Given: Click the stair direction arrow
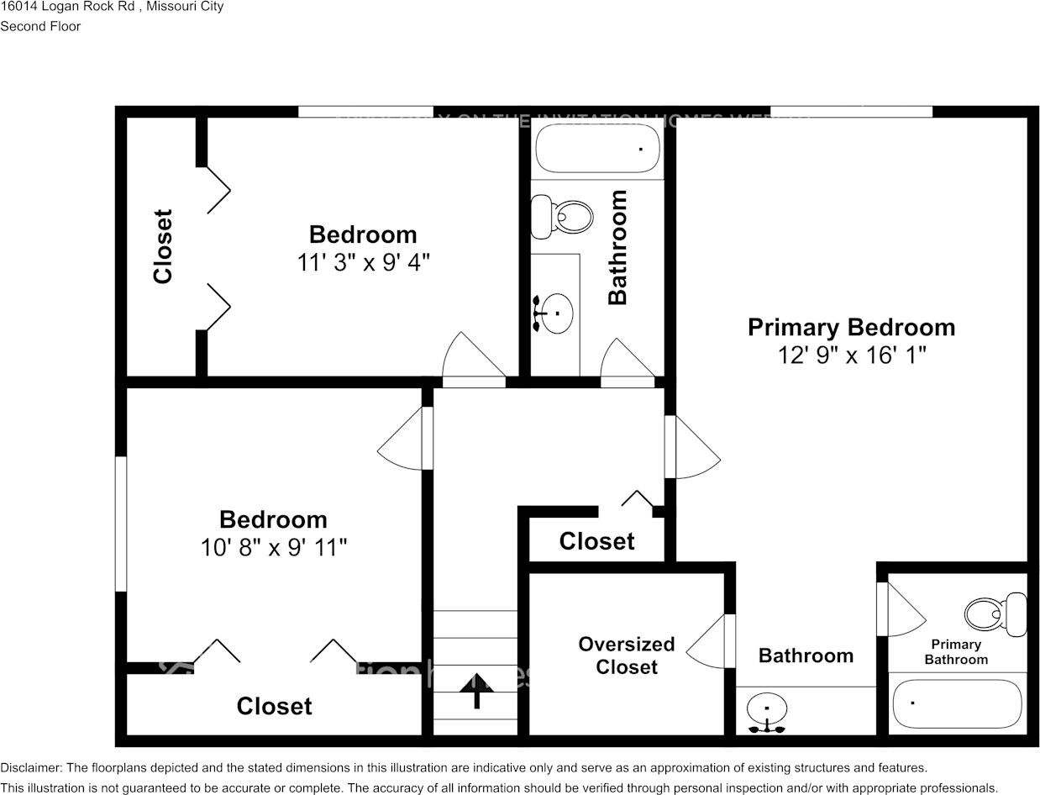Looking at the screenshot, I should tap(476, 688).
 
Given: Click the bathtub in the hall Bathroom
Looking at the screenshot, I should tap(598, 149).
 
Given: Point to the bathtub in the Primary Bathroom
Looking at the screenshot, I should tap(957, 703).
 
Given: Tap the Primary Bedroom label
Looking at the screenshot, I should tap(851, 327).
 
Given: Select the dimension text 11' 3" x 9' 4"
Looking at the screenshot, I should tap(363, 262).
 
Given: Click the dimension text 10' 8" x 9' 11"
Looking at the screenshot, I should tap(273, 548).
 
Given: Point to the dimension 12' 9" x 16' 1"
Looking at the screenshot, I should tap(851, 355).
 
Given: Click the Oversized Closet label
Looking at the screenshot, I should tap(627, 655).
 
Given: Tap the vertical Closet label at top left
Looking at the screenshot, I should tap(162, 246).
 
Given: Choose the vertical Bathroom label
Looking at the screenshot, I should tap(617, 247).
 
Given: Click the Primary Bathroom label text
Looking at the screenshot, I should tap(956, 651).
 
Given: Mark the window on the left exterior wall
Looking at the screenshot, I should tap(121, 523).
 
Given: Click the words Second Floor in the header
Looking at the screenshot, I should tap(40, 26).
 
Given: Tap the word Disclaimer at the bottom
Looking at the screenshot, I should tap(30, 767).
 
